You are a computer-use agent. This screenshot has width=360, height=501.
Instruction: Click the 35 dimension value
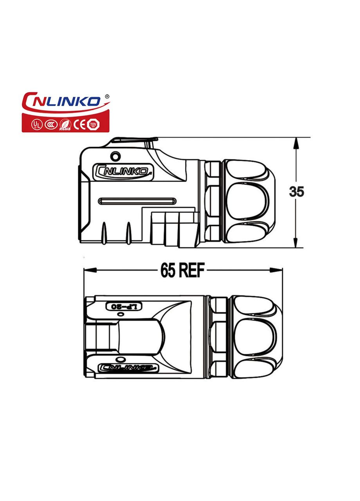297,192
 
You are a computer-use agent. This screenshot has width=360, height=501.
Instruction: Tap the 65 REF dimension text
182,270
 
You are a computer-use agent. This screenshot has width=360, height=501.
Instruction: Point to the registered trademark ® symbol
107,96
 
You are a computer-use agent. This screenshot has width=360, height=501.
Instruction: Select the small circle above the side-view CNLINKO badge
115,156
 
